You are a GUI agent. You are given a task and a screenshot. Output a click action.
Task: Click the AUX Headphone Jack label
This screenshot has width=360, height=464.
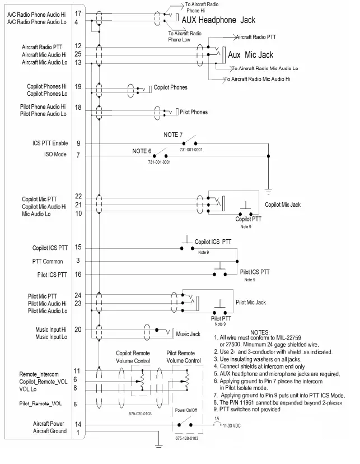click(218, 20)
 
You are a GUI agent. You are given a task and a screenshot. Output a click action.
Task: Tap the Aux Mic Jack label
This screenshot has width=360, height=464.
click(251, 55)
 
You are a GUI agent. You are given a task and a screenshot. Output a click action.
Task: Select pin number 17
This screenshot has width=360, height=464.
click(77, 13)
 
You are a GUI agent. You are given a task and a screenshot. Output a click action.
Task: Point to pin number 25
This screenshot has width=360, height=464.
click(77, 54)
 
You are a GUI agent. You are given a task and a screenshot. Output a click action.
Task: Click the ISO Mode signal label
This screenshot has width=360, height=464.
click(55, 154)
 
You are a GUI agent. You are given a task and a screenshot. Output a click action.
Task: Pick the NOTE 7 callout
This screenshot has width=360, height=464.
click(173, 135)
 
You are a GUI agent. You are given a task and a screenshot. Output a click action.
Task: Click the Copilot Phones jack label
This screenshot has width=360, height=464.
click(170, 87)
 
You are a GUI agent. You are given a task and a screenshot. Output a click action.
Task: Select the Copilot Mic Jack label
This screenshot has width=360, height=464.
click(283, 205)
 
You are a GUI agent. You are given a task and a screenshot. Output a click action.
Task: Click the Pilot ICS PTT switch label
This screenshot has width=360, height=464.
click(255, 272)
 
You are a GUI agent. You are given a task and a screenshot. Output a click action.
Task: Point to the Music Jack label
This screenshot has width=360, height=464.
click(188, 335)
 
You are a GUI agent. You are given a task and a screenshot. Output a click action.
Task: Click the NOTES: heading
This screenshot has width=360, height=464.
click(259, 332)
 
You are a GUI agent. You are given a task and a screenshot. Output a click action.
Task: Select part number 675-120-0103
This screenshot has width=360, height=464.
click(186, 438)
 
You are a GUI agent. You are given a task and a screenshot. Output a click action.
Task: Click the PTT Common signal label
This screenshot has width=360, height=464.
click(47, 261)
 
